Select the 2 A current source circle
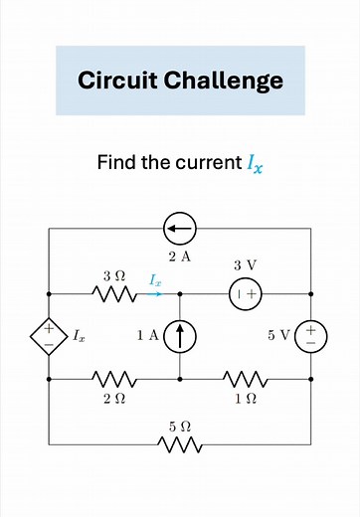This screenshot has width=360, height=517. [x=180, y=230]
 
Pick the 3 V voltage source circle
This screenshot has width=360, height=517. [x=246, y=294]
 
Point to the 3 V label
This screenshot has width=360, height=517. [x=245, y=265]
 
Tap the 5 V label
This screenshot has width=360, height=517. [x=278, y=336]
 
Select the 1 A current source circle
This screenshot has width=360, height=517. [x=180, y=336]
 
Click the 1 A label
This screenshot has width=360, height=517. [x=147, y=336]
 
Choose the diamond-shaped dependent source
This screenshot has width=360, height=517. [x=49, y=336]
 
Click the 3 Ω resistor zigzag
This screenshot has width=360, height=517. [x=114, y=294]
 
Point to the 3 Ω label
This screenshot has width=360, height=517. [x=112, y=272]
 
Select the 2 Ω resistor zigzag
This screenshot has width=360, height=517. [x=114, y=379]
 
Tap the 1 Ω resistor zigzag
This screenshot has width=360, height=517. [x=245, y=379]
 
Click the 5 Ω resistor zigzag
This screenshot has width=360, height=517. [x=180, y=442]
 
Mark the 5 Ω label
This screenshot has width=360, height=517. [x=179, y=426]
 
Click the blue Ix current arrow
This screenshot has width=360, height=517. [x=154, y=293]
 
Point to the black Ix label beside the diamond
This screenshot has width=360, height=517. [x=79, y=337]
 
